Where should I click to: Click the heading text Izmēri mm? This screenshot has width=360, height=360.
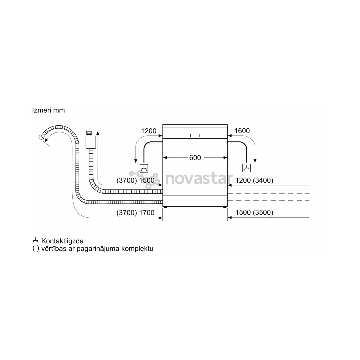48,110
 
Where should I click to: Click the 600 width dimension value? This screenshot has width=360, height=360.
195,158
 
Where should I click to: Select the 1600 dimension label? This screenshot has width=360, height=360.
242,131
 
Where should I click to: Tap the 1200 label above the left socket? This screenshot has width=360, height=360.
149,131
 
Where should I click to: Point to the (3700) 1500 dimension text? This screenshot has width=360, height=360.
135,180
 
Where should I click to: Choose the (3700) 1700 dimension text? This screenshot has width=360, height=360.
135,213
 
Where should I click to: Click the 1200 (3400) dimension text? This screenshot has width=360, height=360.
254,180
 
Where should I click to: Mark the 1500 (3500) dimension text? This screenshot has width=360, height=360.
254,213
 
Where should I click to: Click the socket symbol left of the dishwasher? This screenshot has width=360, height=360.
144,168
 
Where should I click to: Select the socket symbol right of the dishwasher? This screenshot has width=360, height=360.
247,168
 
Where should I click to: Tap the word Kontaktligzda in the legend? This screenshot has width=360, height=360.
62,241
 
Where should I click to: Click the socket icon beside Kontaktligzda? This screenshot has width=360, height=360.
35,241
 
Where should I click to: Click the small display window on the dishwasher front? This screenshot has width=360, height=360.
195,135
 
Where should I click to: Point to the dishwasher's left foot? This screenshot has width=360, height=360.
166,207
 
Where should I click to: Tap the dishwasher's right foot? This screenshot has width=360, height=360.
225,207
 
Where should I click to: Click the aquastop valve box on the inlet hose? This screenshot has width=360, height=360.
91,142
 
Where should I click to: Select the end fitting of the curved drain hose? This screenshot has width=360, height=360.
41,138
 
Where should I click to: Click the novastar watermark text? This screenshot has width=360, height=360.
199,179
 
